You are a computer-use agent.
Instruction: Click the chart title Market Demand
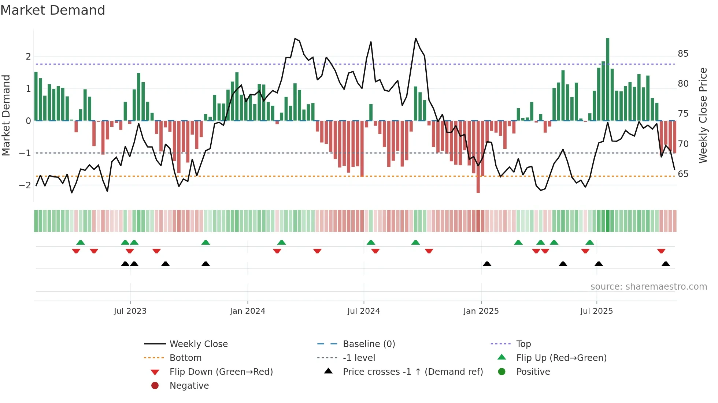click(x=53, y=10)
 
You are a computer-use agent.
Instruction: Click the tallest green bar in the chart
click(x=607, y=79)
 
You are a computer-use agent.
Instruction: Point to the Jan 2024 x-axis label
click(x=247, y=311)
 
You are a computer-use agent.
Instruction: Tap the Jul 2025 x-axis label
click(x=596, y=311)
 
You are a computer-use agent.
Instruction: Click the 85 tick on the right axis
click(x=683, y=54)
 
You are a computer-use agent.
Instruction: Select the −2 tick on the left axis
click(x=25, y=185)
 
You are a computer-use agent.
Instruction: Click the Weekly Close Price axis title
click(x=703, y=115)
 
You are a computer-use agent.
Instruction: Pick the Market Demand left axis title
click(x=6, y=115)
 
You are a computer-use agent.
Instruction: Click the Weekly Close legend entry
click(x=198, y=344)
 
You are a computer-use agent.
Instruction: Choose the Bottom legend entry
click(x=185, y=358)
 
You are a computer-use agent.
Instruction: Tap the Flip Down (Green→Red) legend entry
click(x=221, y=372)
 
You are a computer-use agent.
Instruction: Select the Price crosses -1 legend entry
click(x=412, y=372)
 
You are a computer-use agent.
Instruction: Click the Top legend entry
click(x=523, y=344)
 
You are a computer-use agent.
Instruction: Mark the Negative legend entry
click(x=189, y=386)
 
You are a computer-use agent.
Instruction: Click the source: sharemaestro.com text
click(x=648, y=287)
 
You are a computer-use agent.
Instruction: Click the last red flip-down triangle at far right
click(x=661, y=251)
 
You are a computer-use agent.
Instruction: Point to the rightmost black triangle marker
click(x=666, y=264)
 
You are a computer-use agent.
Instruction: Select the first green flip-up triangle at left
click(x=81, y=242)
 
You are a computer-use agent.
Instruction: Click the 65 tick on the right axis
click(x=683, y=174)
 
